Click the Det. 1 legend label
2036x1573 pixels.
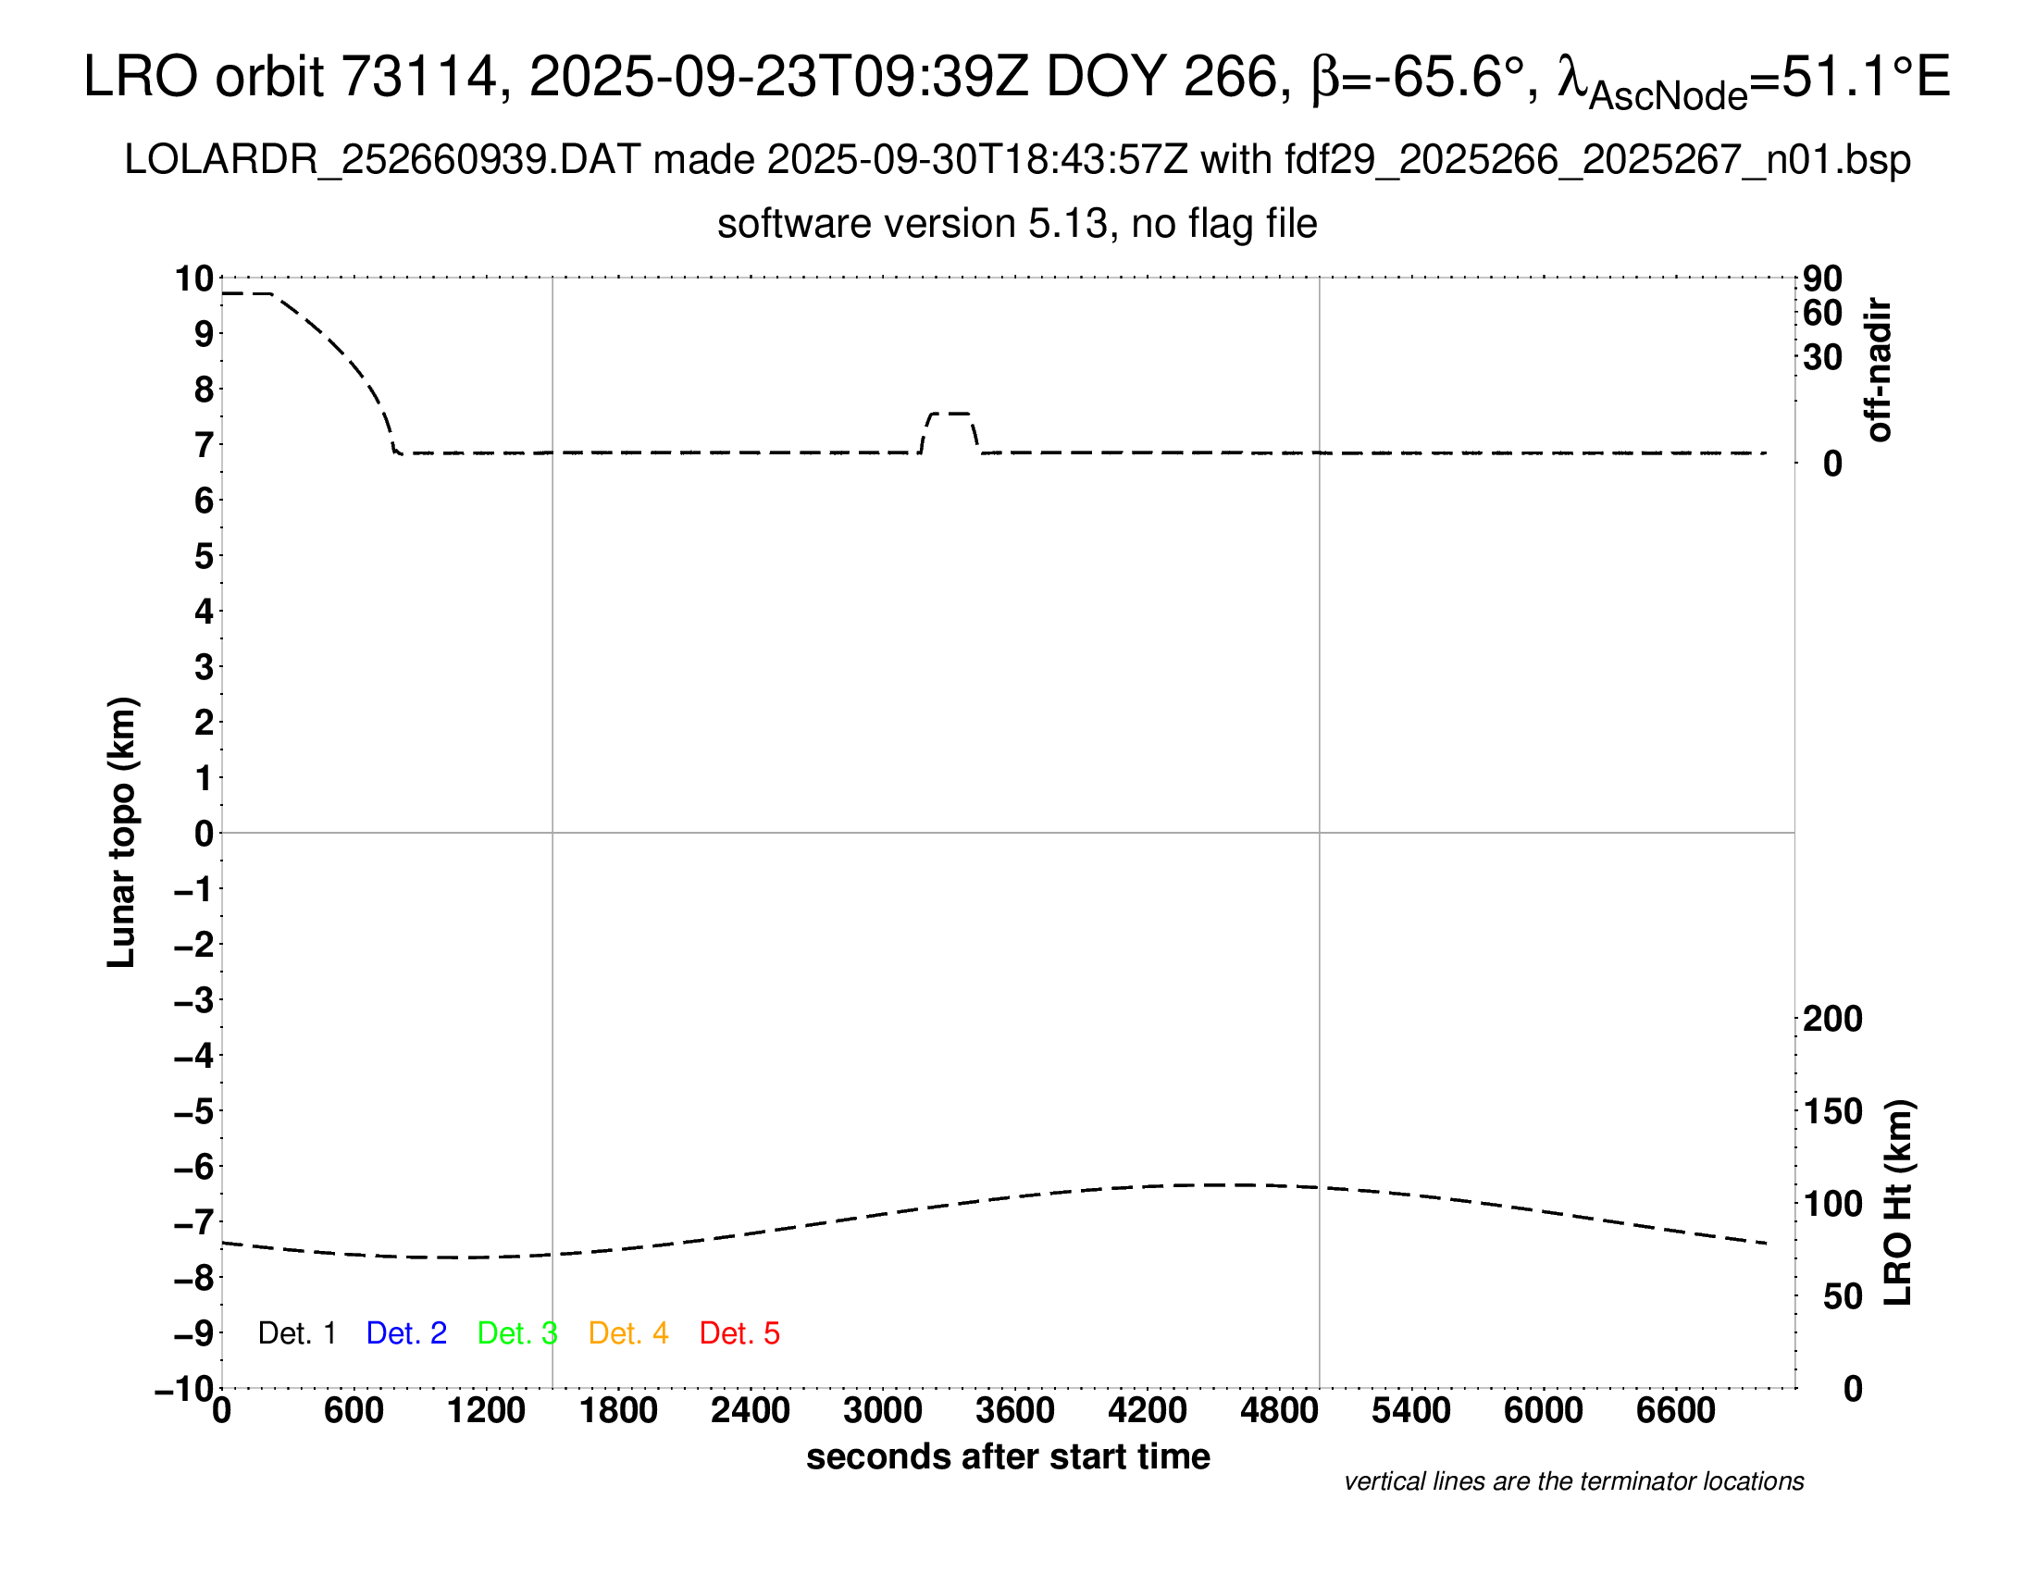(296, 1333)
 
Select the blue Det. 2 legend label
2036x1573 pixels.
(406, 1333)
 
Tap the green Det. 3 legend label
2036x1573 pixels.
(517, 1333)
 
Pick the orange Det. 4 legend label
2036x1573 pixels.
(628, 1333)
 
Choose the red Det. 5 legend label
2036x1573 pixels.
(739, 1333)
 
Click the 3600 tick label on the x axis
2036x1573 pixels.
(1015, 1411)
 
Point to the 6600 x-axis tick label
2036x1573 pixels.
(1675, 1411)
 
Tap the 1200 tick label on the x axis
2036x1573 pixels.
(486, 1411)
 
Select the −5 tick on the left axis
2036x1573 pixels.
(194, 1111)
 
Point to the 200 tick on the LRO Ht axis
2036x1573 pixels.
(1832, 1019)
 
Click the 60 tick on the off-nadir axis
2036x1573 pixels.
(1822, 313)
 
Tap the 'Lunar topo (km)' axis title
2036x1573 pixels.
(122, 832)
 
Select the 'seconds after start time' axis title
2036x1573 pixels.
(1008, 1456)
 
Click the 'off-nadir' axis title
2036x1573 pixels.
(1879, 369)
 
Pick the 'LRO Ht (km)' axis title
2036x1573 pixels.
(1897, 1203)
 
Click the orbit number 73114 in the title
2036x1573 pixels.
(418, 77)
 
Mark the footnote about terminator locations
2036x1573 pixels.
(1573, 1481)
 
